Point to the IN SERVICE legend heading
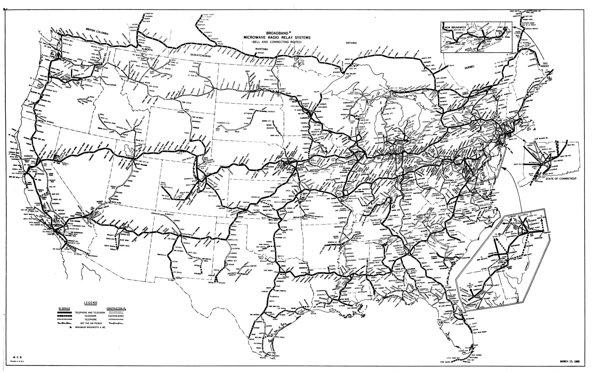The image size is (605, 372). (x=64, y=308)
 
